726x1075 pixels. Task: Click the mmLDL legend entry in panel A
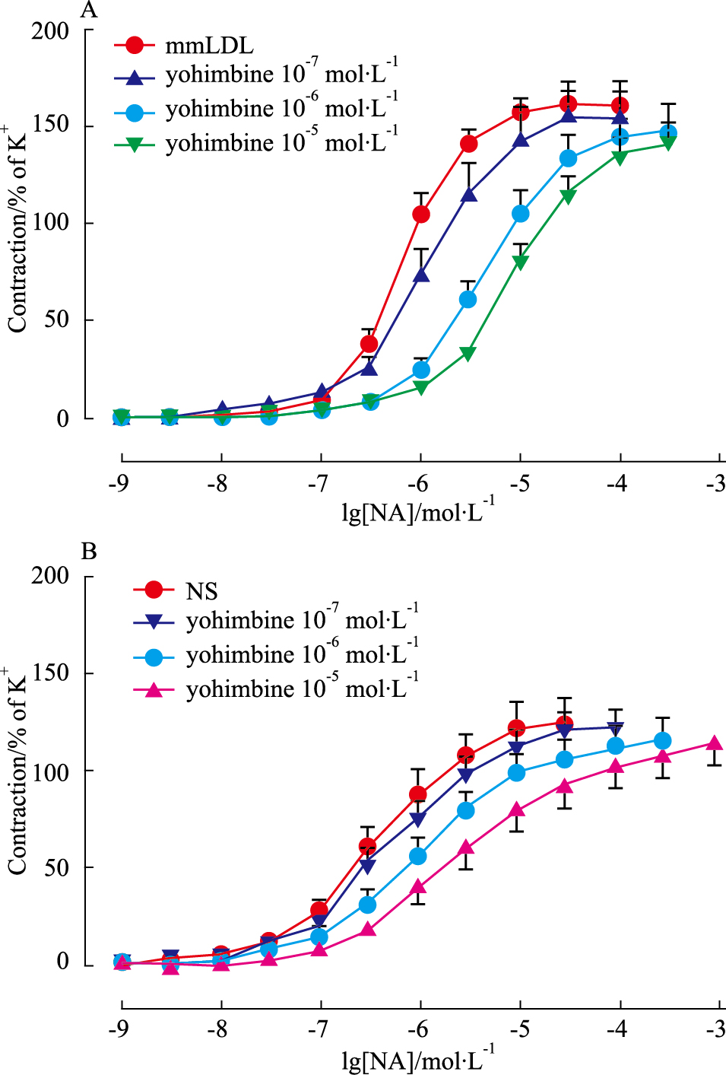209,46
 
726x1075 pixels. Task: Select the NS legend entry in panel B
201,591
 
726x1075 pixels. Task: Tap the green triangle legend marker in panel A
135,144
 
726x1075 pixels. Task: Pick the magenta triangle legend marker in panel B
154,690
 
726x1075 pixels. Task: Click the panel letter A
89,10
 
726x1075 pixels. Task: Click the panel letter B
89,551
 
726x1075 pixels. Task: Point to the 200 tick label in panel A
50,31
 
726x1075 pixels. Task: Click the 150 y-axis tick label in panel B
50,673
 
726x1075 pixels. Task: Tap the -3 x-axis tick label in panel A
715,483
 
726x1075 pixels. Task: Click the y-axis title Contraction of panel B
17,772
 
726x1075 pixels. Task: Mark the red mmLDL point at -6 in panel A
421,215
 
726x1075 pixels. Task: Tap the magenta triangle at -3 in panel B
715,743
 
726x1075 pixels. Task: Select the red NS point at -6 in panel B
418,794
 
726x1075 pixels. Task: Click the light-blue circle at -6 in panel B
418,856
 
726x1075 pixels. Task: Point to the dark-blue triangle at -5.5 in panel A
469,195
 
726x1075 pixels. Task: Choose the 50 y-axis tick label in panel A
56,320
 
